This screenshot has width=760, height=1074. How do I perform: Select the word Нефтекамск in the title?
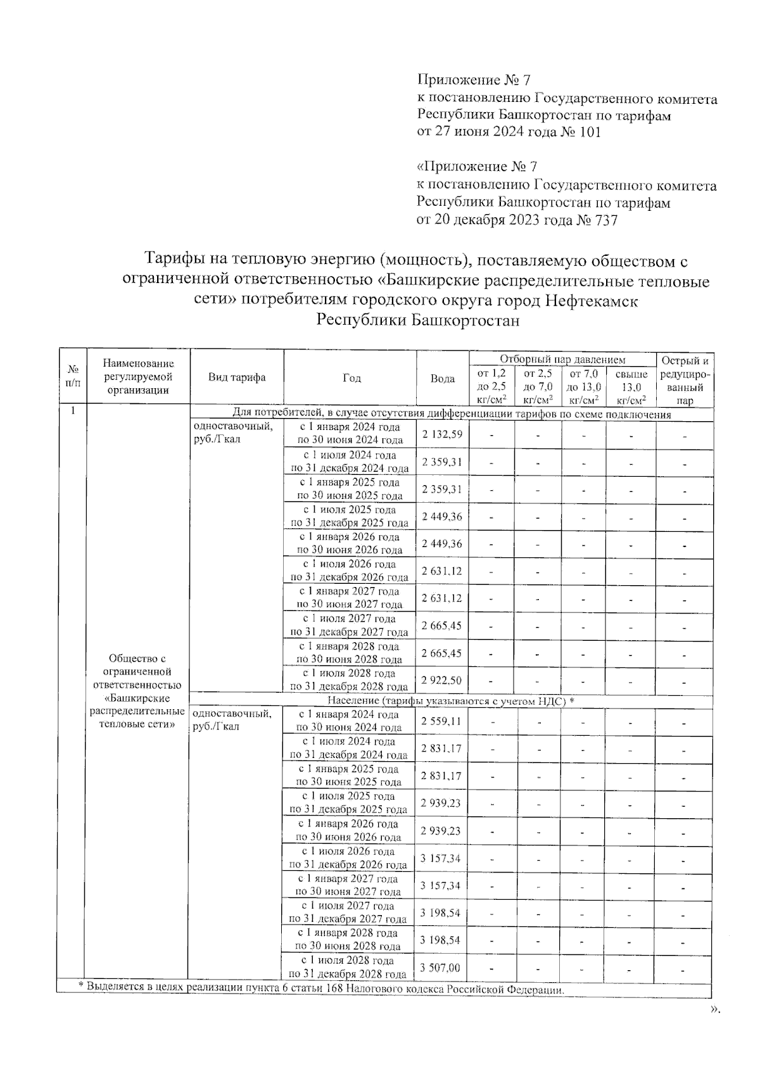pos(592,301)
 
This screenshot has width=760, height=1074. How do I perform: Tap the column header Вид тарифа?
pos(237,377)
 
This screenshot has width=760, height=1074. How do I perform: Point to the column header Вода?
pos(442,379)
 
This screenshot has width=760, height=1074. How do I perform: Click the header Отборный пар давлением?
pos(562,360)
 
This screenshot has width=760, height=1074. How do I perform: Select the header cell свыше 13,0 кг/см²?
pos(631,387)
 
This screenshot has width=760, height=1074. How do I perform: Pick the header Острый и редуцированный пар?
pos(685,380)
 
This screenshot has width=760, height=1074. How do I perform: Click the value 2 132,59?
pos(442,434)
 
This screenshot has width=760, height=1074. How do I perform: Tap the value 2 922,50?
pos(442,680)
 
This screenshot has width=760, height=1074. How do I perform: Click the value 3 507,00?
pos(440,968)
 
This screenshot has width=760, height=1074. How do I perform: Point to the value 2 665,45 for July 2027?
pos(442,626)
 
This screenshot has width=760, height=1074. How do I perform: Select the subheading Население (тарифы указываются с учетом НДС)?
pos(450,701)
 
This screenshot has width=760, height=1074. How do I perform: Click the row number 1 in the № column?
pos(73,410)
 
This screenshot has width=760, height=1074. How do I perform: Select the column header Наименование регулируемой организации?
pos(137,377)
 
